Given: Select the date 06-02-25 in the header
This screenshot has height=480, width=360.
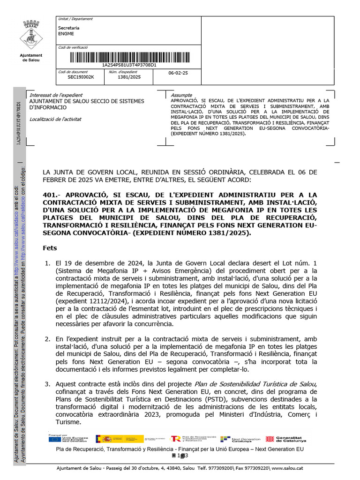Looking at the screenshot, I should (178, 74).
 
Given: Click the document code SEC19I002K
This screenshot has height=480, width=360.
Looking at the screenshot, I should (81, 77).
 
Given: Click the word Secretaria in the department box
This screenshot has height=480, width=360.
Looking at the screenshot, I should (68, 28).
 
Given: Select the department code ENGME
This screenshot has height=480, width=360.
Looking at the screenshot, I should (66, 34).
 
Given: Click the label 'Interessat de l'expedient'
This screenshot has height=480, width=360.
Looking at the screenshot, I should (56, 95).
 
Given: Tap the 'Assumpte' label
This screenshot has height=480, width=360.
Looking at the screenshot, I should (182, 95).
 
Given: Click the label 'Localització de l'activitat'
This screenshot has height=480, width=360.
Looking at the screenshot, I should (55, 119).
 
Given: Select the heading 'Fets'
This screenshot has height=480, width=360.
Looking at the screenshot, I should (50, 248).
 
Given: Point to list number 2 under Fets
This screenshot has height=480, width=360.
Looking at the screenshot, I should (47, 338).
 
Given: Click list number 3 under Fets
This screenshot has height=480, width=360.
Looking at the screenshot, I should (47, 384).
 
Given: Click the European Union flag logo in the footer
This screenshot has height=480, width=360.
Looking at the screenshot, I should (54, 439).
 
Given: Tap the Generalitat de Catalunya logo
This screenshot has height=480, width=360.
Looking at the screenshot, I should (286, 439).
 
